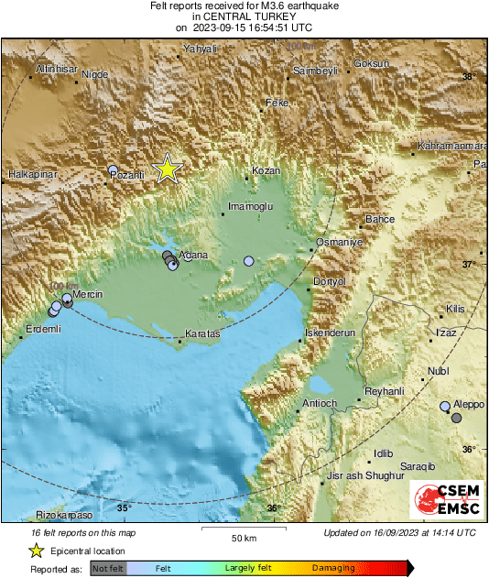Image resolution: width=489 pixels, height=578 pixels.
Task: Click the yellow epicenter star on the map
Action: (x=168, y=169)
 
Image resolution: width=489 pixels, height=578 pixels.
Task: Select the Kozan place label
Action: (x=266, y=171)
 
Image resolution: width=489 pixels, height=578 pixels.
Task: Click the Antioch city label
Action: (x=321, y=403)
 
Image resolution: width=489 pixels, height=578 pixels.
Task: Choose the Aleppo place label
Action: (x=469, y=404)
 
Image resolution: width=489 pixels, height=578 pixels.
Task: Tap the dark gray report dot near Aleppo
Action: (x=457, y=418)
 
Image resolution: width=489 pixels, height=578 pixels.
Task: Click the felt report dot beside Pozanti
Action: (x=114, y=169)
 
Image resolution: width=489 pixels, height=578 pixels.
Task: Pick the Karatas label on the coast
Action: (x=202, y=334)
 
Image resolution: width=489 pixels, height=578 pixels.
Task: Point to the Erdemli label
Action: (x=42, y=329)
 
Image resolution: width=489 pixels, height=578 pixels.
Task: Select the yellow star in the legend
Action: (x=36, y=551)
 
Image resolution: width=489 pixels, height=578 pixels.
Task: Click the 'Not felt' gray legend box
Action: (x=107, y=568)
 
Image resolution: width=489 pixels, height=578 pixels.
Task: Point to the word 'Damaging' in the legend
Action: (x=333, y=568)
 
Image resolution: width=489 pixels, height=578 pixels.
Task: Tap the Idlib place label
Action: (x=383, y=453)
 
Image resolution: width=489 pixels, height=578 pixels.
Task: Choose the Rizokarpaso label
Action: (x=57, y=515)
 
